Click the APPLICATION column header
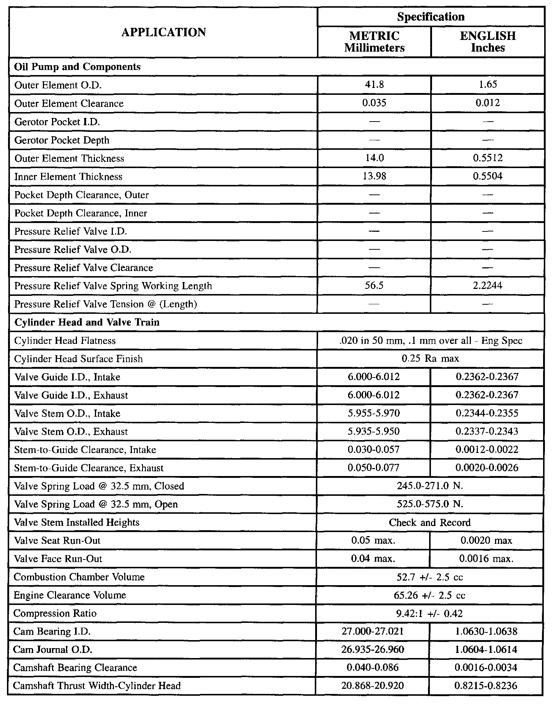(163, 32)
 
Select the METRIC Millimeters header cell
(374, 42)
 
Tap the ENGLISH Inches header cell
(488, 42)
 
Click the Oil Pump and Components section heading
(77, 67)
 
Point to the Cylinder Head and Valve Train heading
(87, 322)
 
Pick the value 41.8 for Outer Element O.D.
(374, 85)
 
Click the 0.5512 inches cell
(488, 158)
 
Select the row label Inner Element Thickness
(68, 176)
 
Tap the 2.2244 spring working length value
(488, 286)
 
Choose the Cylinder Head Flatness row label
(65, 341)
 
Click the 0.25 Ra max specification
(430, 358)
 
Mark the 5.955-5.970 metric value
(374, 413)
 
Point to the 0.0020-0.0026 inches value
(487, 468)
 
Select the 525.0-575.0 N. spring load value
(430, 504)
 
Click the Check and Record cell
(430, 522)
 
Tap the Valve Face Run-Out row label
(58, 558)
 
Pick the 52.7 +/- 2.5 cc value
(430, 577)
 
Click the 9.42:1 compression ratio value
(430, 613)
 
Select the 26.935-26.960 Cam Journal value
(373, 649)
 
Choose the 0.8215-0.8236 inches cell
(486, 685)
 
